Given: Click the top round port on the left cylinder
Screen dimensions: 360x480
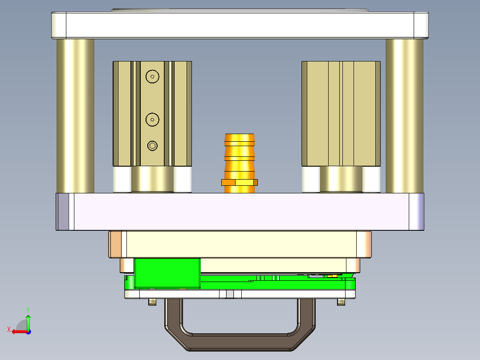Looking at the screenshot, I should point(153,77).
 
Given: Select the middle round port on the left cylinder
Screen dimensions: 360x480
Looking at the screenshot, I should point(153,119).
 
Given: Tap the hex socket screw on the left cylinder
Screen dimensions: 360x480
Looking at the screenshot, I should point(153,146).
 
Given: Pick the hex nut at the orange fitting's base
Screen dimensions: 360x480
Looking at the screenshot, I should point(240,182).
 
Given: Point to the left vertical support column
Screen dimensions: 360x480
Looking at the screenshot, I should point(75,116).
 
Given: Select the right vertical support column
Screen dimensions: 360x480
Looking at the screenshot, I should point(404,116).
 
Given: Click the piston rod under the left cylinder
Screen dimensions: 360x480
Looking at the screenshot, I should point(152,179).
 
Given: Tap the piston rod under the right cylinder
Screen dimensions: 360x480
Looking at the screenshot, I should point(341,179).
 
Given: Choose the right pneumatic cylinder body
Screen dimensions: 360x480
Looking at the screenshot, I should point(341,114).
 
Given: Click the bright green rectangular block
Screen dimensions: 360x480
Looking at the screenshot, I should point(167,272).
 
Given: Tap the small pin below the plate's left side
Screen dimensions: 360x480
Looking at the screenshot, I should point(152,302).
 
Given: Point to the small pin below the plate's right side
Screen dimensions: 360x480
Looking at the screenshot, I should point(342,302).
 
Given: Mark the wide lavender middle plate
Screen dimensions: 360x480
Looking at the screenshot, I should point(240,212).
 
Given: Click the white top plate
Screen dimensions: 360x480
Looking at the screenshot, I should point(240,25).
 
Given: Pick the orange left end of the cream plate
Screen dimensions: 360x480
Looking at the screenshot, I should point(115,244).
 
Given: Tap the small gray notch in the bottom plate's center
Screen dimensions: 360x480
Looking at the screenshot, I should point(230,294).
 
